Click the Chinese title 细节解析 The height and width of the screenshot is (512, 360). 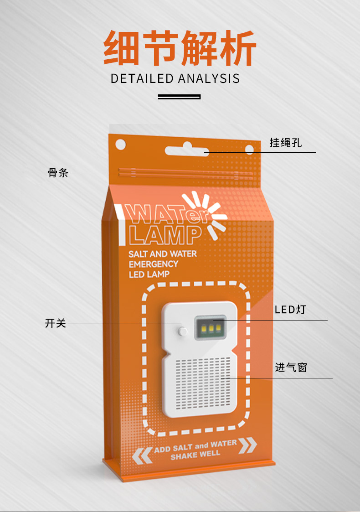click(x=180, y=48)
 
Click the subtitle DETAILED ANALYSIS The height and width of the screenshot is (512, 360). click(x=175, y=78)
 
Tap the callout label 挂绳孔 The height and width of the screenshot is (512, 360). click(x=286, y=143)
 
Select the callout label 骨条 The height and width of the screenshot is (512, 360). click(x=58, y=173)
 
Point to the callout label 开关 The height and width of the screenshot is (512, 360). click(x=56, y=324)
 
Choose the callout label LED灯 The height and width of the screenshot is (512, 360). click(x=290, y=310)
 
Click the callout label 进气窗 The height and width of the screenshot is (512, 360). click(x=291, y=367)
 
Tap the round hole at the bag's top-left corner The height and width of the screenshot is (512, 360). click(x=120, y=144)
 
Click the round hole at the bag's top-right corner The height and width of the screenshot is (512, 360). click(x=249, y=149)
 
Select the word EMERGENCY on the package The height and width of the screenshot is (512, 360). click(x=153, y=264)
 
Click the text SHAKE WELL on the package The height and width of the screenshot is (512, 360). click(x=195, y=454)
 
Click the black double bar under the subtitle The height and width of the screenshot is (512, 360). click(x=179, y=97)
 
